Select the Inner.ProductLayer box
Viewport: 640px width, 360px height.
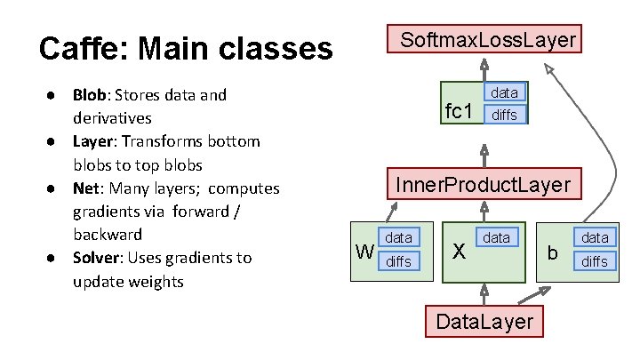[483, 185]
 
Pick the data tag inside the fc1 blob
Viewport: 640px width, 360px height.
[504, 92]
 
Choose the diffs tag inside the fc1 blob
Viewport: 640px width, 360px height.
[504, 114]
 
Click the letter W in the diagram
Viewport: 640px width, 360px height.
[364, 252]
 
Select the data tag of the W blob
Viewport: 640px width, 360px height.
[397, 238]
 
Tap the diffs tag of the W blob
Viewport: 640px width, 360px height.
[397, 260]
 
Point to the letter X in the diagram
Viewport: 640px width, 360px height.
[458, 252]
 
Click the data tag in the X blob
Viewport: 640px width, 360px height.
[496, 238]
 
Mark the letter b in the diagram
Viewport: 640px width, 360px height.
[552, 254]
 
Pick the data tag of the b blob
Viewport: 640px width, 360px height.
[594, 238]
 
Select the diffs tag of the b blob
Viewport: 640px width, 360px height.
[594, 260]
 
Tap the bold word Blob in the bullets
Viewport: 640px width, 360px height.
[90, 95]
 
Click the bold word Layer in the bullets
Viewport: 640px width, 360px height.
[92, 141]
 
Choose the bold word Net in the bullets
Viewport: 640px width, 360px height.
[85, 188]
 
